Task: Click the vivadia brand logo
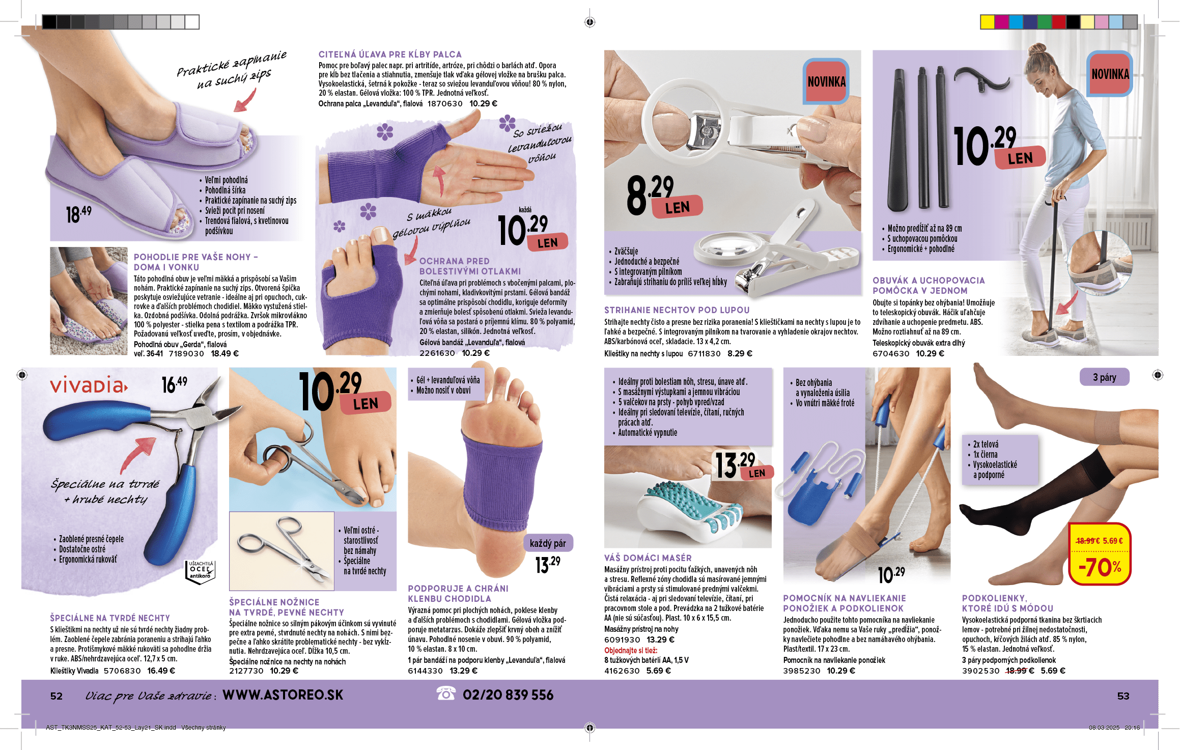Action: pos(89,385)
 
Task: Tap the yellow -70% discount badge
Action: pos(1100,553)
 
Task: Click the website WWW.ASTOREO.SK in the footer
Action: pos(283,695)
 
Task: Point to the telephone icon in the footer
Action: pos(446,693)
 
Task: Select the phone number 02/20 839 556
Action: pos(508,695)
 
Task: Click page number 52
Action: pos(57,696)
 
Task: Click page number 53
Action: pos(1123,696)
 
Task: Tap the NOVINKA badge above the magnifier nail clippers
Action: pos(826,81)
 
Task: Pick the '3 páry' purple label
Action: pos(1105,377)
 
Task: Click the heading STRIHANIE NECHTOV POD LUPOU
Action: pos(677,310)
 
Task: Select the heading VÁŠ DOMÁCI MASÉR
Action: pos(648,558)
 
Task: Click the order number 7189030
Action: pos(186,354)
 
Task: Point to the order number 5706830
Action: pos(122,671)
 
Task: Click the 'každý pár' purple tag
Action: pos(548,543)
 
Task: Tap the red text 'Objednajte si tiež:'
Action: pos(631,650)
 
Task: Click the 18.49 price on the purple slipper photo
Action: pos(79,213)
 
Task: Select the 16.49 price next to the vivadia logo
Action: pos(174,384)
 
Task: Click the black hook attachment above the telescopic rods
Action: pos(981,80)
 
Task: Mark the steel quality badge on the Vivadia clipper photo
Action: pos(200,572)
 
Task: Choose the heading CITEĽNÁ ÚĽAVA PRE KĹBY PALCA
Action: pos(390,54)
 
